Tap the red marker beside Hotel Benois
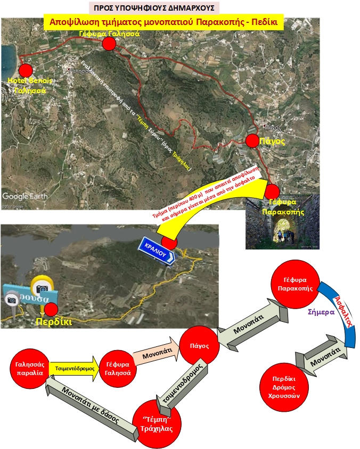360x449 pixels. click(x=26, y=70)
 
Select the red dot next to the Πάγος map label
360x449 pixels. click(x=252, y=141)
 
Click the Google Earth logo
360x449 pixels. click(x=24, y=196)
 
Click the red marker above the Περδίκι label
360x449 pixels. click(x=51, y=309)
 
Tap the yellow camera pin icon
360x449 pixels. click(x=42, y=288)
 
